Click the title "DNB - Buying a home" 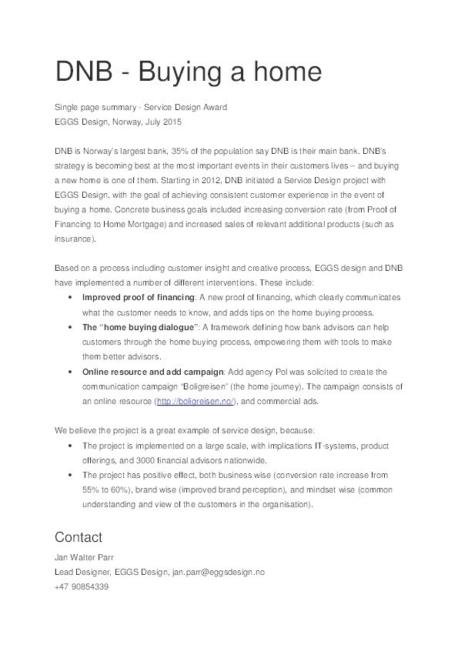point(187,73)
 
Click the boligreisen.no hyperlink point(196,401)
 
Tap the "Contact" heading point(79,536)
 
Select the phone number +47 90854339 point(81,586)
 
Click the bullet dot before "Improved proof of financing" point(71,297)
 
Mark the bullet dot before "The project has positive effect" point(71,475)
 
